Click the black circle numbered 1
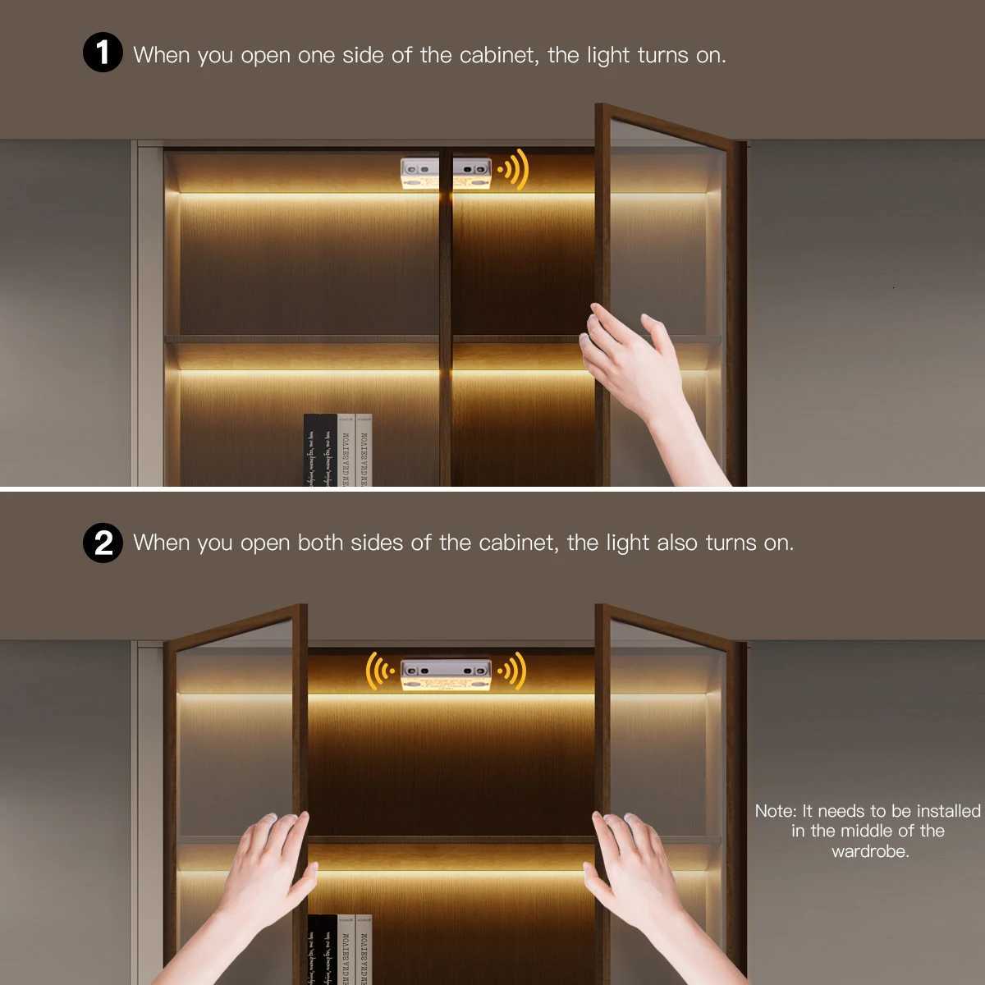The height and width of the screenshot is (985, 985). point(103,53)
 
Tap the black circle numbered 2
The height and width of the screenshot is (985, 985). point(103,543)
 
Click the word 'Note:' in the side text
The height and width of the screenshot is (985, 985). point(776,811)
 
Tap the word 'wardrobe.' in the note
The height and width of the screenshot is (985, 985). point(870,851)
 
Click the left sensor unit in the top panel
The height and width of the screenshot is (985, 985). point(419,174)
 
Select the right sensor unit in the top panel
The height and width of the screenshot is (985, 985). point(472,174)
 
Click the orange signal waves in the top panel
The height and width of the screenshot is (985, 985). point(514,170)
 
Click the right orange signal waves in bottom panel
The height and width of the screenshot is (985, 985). point(514,671)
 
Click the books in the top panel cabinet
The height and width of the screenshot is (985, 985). point(337,451)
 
